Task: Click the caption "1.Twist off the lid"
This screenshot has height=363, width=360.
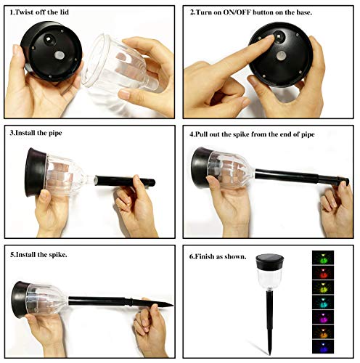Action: coord(39,12)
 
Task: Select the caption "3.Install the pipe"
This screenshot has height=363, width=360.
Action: coord(36,133)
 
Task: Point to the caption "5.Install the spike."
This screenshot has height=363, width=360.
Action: coord(38,255)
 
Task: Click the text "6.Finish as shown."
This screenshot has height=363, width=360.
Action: coord(218,256)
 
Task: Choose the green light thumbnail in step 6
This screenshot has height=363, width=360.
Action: coord(323,258)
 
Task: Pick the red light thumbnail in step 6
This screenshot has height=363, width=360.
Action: coord(323,272)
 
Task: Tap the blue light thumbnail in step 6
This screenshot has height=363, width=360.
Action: coord(323,346)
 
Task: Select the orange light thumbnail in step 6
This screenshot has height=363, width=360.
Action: coord(323,332)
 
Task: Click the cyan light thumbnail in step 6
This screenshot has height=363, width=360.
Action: coord(323,302)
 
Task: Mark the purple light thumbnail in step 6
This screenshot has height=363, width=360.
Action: coord(323,317)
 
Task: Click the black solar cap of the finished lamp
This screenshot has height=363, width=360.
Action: coord(270,262)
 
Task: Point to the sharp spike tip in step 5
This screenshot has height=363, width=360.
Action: coord(173,305)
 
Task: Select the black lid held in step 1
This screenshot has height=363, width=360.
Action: coord(52,52)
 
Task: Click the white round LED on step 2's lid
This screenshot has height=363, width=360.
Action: coord(282,56)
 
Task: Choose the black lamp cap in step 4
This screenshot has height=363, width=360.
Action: coord(200,168)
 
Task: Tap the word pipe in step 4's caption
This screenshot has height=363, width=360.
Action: coord(308,134)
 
